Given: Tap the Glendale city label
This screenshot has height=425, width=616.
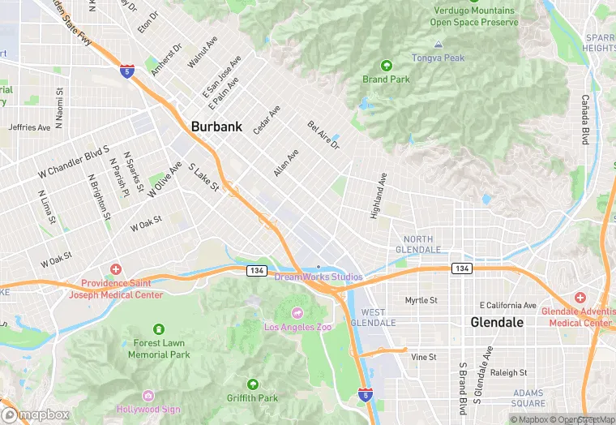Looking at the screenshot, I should coord(498,322).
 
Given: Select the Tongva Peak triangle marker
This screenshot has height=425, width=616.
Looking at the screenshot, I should coord(438,44).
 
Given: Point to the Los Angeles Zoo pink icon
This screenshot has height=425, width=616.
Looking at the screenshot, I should coord(297,313).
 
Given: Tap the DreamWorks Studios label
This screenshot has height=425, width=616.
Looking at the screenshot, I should coord(319,277).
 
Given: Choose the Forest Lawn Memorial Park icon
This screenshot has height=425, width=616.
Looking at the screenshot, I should coord(158,329).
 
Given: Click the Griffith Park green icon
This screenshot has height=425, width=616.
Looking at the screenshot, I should coord(252,384).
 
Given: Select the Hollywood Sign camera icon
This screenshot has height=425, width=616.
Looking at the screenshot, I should coord(148,395).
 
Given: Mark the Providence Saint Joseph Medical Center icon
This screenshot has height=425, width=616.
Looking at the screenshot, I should coord(115,268).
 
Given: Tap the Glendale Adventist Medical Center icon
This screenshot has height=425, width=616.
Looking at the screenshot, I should coord(580,298).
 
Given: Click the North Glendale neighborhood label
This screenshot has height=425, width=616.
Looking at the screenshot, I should coord(418,244).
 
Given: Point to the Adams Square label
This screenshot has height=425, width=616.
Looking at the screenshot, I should coord(528,398).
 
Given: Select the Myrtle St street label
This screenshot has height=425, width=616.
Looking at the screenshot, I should coord(421,300).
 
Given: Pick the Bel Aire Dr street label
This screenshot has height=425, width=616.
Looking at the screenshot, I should coord(323,135).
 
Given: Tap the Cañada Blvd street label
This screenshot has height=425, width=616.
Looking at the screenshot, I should coord(585,120).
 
